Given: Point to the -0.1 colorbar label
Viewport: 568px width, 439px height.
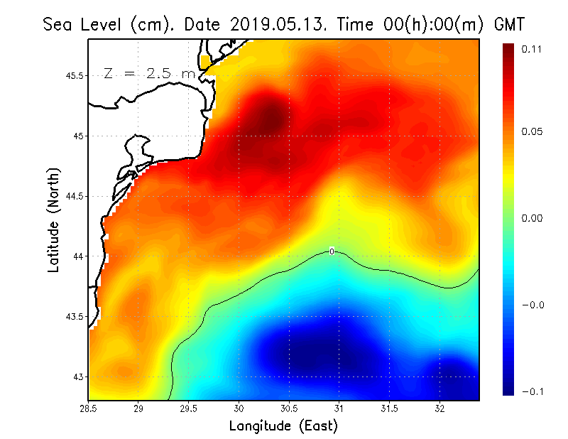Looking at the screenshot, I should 533,391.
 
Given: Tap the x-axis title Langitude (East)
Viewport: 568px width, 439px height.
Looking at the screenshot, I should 283,426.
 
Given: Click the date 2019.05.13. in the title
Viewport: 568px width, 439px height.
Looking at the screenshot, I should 276,24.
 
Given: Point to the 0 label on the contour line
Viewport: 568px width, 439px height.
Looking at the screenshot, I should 332,251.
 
